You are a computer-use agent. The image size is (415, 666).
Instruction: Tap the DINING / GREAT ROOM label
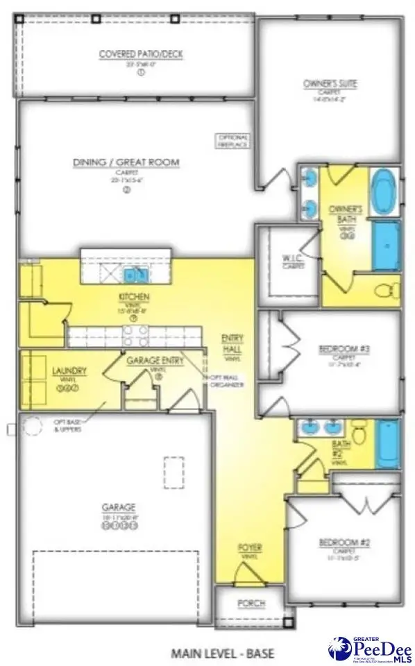pyautogui.click(x=126, y=162)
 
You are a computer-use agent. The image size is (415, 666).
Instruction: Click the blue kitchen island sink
pyautogui.click(x=136, y=276)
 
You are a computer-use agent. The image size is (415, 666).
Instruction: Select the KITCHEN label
pyautogui.click(x=134, y=298)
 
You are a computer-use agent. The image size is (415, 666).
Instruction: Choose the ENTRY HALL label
pyautogui.click(x=231, y=342)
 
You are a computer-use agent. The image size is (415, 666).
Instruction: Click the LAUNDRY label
pyautogui.click(x=69, y=371)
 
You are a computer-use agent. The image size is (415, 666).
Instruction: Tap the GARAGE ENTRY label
pyautogui.click(x=155, y=360)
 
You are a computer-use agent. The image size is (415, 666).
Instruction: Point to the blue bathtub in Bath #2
pyautogui.click(x=387, y=443)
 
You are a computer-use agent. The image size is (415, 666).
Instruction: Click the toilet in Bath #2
pyautogui.click(x=359, y=436)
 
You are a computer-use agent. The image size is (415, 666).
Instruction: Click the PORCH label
pyautogui.click(x=251, y=604)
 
